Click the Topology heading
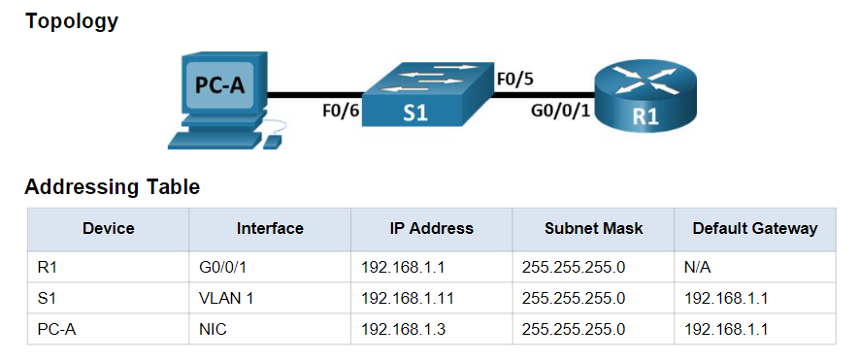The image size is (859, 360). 71,21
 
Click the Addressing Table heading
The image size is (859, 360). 112,187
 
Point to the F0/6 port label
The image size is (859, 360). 341,111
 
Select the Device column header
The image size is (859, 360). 108,229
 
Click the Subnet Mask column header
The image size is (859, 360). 593,229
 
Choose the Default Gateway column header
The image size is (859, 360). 754,229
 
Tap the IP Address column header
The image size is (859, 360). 431,229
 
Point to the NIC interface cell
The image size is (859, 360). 211,329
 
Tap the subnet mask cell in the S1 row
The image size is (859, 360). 574,298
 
